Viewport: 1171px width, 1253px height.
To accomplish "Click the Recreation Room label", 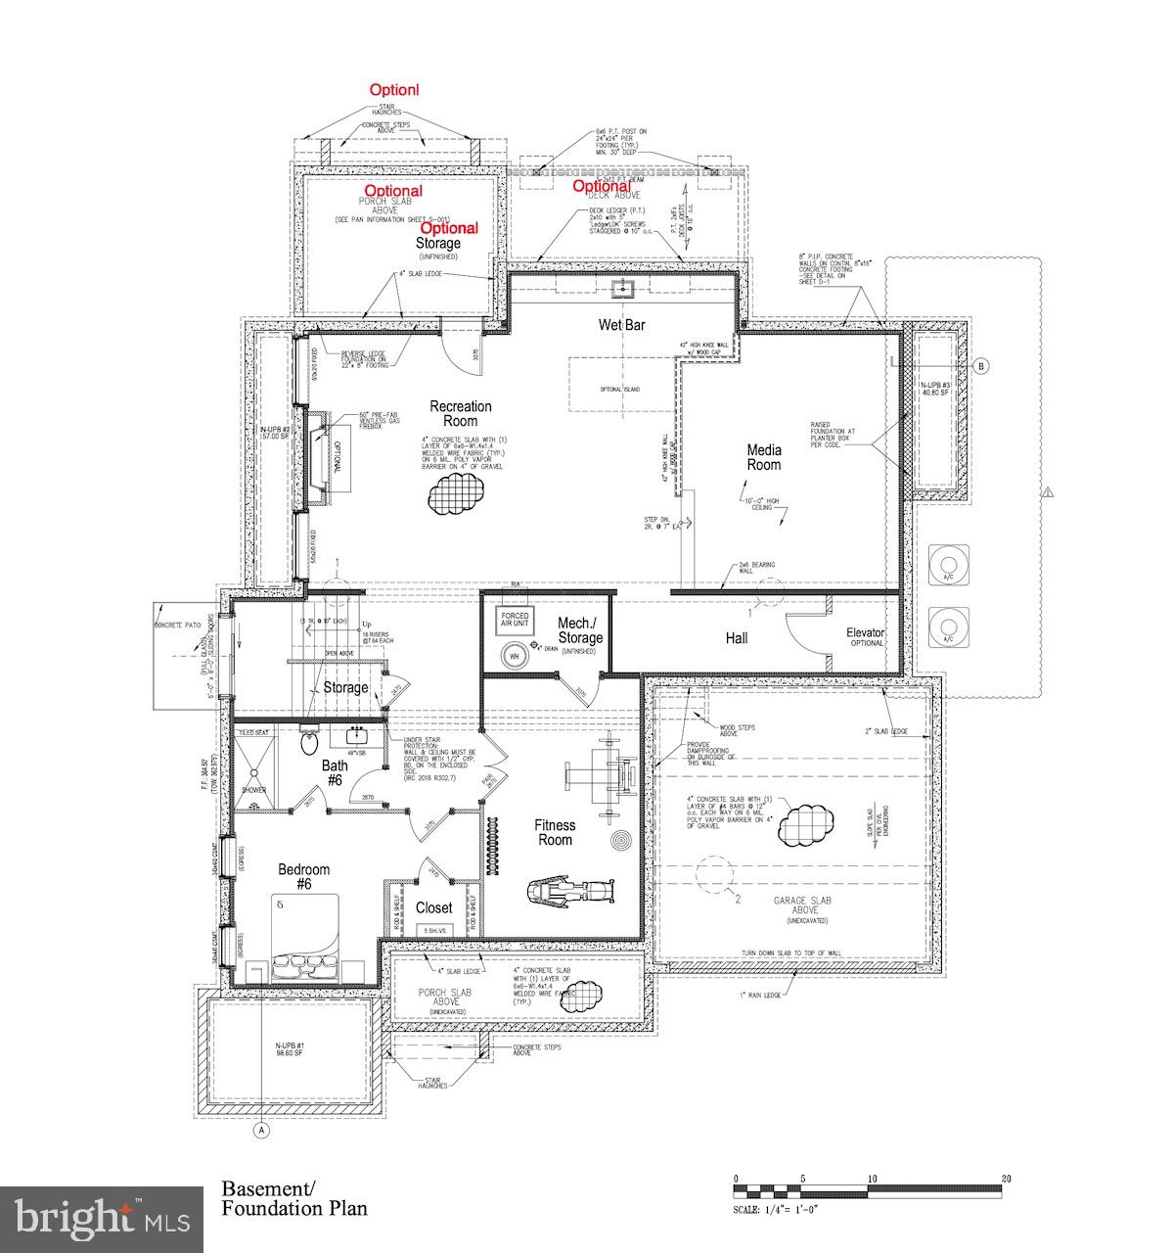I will (461, 413).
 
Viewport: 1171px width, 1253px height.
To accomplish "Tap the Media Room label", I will (764, 457).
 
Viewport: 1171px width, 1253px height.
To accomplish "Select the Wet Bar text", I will (621, 324).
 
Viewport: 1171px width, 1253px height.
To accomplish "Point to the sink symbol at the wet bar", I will (622, 288).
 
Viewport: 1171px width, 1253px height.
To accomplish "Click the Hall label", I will (736, 638).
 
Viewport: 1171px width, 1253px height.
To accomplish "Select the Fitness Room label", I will (554, 832).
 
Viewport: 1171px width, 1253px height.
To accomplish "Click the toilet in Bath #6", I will (309, 742).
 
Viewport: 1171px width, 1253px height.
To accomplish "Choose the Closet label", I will (433, 907).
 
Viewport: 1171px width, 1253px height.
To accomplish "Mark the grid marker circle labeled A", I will (261, 1130).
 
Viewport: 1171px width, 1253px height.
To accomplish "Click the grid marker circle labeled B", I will (981, 367).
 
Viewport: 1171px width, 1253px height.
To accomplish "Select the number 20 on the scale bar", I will (1006, 1179).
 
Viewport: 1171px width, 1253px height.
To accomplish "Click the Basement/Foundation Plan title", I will (294, 1198).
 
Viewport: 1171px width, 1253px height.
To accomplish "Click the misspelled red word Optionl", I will (393, 89).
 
